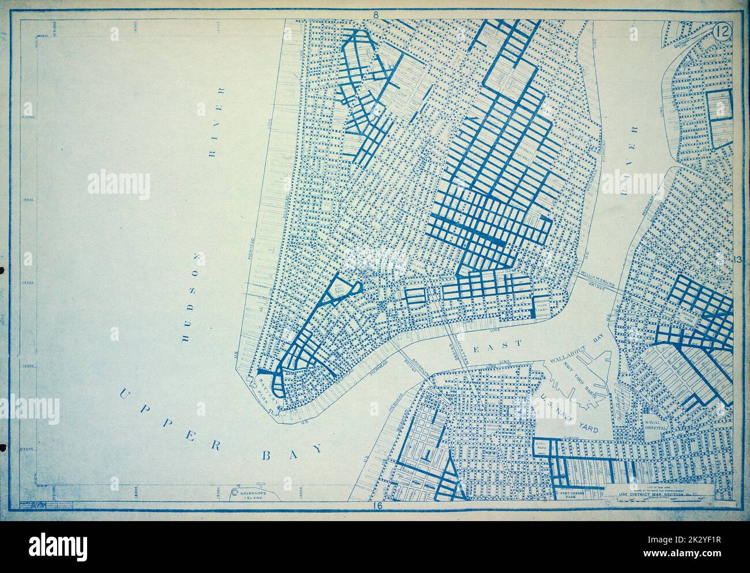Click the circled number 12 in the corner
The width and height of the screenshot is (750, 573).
tap(720, 32)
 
